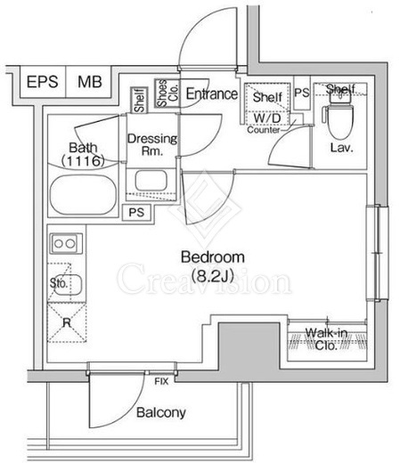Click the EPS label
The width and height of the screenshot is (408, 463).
tap(42, 82)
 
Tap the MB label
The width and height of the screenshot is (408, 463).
tap(90, 82)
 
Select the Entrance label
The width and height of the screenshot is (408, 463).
tap(212, 93)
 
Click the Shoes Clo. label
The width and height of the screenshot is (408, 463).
tap(167, 93)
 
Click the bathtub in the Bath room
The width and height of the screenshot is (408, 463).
tap(83, 195)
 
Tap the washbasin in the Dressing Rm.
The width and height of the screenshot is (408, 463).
tap(151, 181)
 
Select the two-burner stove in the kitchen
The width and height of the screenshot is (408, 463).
tap(66, 243)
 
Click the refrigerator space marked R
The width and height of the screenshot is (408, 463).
tap(67, 322)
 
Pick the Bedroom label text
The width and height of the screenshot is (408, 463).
tap(213, 257)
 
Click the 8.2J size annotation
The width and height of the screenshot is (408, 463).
tap(212, 276)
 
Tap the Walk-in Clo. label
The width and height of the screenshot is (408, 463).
tap(326, 339)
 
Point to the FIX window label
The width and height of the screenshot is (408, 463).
tap(161, 381)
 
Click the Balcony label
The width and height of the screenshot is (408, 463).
tap(161, 412)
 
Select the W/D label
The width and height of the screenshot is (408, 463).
tap(267, 118)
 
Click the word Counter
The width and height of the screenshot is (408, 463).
tap(264, 130)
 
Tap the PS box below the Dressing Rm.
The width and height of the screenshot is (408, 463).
tap(136, 212)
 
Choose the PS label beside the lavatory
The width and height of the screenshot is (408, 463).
tap(302, 93)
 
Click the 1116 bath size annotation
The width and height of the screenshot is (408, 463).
tap(83, 161)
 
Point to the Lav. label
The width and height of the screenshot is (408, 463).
tap(342, 148)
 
